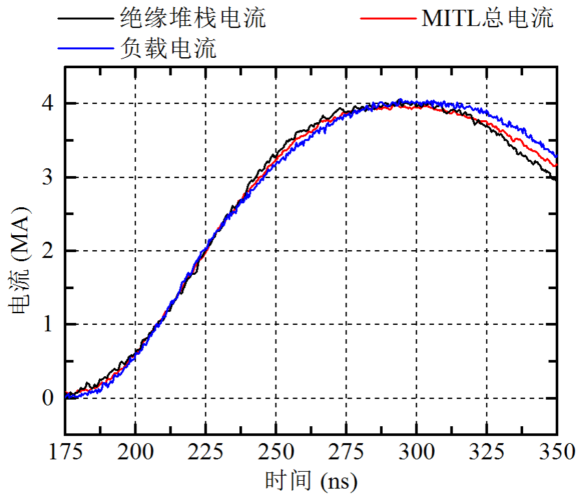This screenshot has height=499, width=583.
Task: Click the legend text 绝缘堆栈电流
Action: (193, 18)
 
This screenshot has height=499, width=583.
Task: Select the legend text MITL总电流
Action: (487, 18)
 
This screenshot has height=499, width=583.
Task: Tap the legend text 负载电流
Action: (168, 49)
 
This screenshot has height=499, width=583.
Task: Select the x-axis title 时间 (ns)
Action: (311, 481)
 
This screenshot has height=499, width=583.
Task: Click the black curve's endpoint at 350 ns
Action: (556, 179)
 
